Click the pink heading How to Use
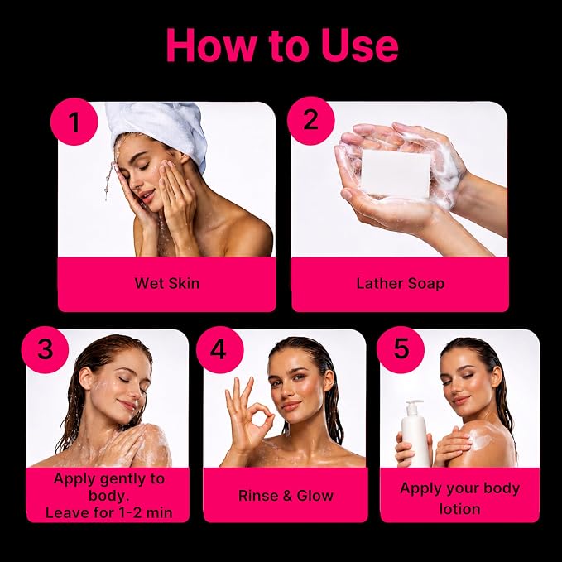tap(282, 46)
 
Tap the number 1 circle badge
tap(74, 122)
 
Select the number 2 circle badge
tap(310, 121)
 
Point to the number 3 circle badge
tap(45, 350)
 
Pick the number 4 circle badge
tap(219, 350)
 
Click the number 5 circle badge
tap(401, 350)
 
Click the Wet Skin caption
tap(167, 284)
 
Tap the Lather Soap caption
tap(401, 284)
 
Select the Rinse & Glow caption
tap(286, 496)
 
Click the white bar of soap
tap(396, 174)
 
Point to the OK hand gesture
tap(248, 415)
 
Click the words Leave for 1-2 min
tap(109, 513)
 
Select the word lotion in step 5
tap(460, 509)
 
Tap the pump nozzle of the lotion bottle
tap(414, 403)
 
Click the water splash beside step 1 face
tap(110, 180)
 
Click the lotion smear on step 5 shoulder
tap(480, 437)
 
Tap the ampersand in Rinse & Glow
tap(287, 496)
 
